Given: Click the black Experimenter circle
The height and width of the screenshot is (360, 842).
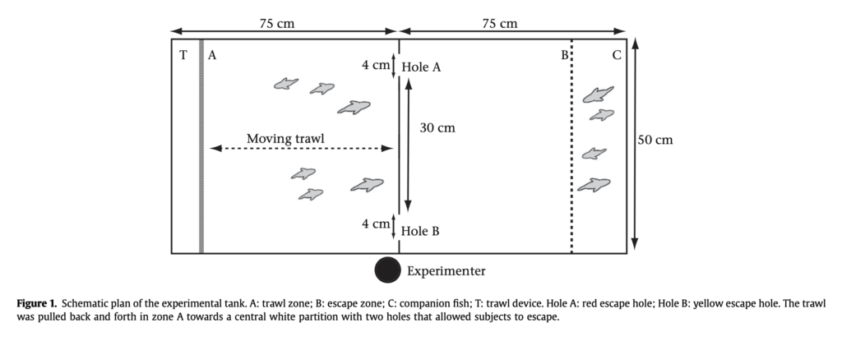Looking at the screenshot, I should [x=387, y=270].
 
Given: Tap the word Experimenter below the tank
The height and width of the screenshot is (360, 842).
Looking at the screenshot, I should [x=446, y=270].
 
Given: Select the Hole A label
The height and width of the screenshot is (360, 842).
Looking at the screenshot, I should [x=421, y=67].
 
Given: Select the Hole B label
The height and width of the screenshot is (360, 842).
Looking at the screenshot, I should [x=420, y=231].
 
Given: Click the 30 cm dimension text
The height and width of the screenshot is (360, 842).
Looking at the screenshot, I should [x=437, y=128].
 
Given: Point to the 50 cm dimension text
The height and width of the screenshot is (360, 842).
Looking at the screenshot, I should [x=655, y=140].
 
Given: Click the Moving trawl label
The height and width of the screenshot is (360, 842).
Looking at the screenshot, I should [x=285, y=138].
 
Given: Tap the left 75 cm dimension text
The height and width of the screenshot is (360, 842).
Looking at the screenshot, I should [x=277, y=24].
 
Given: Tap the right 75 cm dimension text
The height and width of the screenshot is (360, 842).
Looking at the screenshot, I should [x=500, y=24].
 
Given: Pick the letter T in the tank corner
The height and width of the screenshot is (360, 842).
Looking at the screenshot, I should [x=183, y=55].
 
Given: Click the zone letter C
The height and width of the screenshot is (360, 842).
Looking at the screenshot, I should [x=617, y=56].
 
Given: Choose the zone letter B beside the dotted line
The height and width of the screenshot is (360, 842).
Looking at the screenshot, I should [x=565, y=56].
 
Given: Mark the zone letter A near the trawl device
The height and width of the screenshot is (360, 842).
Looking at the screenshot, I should [x=212, y=56].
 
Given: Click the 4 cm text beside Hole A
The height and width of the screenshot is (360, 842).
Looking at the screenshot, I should [x=376, y=65].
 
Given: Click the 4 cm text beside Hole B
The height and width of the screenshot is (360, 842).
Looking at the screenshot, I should [x=376, y=224].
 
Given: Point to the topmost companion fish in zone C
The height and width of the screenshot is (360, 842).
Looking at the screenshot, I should [x=598, y=94].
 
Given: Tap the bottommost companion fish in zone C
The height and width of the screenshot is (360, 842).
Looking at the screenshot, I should [x=594, y=185].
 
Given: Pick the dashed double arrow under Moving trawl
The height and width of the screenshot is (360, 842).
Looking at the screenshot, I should [x=301, y=149].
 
